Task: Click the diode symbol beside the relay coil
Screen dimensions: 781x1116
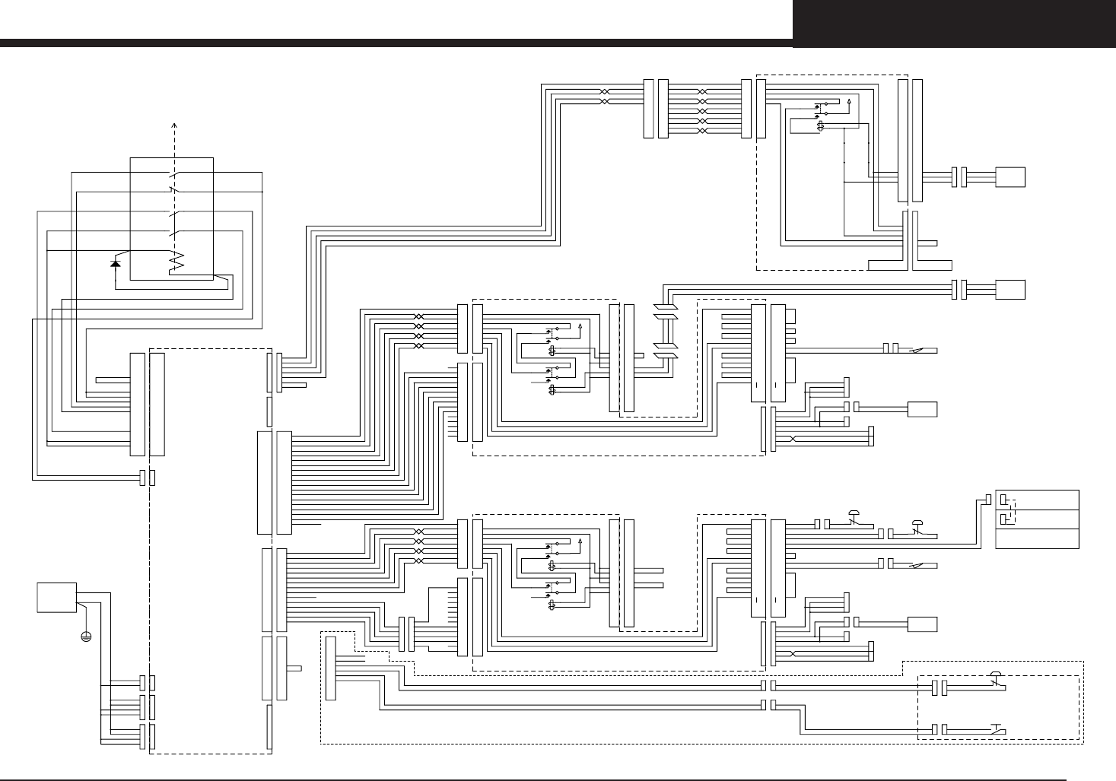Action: point(115,263)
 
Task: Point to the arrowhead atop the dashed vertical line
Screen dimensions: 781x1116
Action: point(176,125)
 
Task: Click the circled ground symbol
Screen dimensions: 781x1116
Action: point(86,635)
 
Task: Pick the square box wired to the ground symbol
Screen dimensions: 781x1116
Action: point(56,597)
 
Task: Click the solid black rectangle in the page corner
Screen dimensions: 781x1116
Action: point(954,24)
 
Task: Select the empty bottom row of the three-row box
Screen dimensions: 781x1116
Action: point(1037,538)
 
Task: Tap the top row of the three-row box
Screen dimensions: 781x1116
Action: point(1037,500)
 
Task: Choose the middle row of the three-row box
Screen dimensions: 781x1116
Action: point(1037,519)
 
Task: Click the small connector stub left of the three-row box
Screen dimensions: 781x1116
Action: point(987,499)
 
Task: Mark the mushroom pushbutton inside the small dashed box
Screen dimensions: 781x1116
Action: point(997,678)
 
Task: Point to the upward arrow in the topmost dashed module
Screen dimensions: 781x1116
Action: point(849,100)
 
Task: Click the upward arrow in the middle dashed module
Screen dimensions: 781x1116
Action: point(580,327)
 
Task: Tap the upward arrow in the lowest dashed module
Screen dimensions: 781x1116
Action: point(580,541)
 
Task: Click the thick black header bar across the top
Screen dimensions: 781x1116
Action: point(396,43)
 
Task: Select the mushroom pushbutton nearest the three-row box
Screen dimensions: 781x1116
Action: point(917,525)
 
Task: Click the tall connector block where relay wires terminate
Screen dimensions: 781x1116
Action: point(138,404)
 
